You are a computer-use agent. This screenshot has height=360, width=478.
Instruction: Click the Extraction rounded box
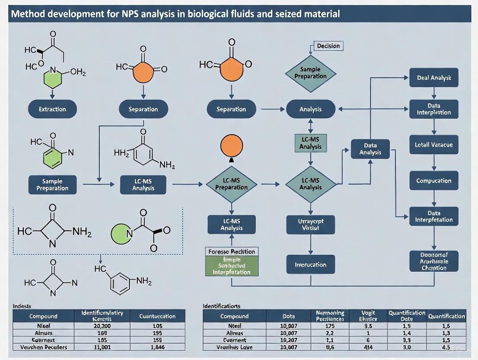click(x=52, y=109)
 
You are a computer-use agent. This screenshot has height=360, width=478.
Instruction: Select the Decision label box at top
click(x=328, y=46)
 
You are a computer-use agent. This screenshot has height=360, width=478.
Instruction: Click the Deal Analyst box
click(x=434, y=78)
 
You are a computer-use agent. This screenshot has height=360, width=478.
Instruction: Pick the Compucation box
click(x=434, y=181)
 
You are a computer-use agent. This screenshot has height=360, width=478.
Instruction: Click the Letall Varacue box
click(x=434, y=145)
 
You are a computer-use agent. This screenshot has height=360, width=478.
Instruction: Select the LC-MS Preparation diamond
click(x=231, y=184)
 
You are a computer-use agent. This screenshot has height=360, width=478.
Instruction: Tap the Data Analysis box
click(x=370, y=149)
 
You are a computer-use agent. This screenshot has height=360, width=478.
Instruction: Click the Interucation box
click(x=310, y=264)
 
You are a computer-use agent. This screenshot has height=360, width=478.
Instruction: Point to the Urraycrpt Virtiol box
click(x=310, y=224)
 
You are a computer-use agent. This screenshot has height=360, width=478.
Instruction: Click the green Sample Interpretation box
click(x=232, y=266)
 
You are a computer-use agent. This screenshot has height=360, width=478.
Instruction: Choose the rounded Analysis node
click(x=310, y=109)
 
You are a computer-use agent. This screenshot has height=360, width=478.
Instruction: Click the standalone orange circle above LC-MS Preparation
click(x=232, y=146)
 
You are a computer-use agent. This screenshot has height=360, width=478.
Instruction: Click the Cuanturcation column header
click(x=157, y=316)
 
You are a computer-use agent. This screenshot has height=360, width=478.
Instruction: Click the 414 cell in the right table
click(x=369, y=347)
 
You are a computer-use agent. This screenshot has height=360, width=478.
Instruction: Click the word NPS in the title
click(x=135, y=13)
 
